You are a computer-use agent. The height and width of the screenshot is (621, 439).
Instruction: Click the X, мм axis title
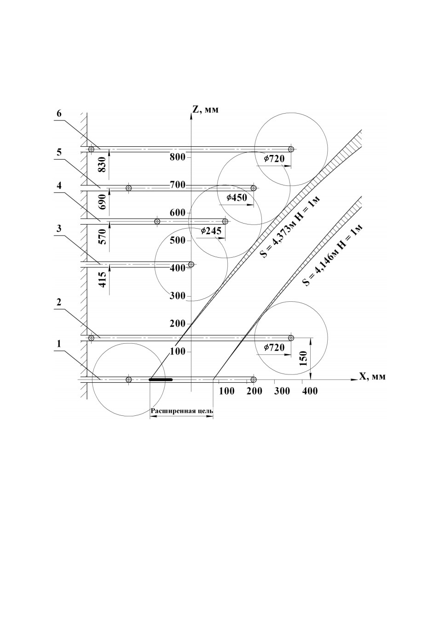(372, 376)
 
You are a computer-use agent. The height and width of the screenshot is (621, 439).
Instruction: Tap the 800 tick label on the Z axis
(177, 157)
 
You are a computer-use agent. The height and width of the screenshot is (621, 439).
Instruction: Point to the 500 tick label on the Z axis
(177, 240)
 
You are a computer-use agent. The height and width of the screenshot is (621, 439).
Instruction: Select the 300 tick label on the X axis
(282, 391)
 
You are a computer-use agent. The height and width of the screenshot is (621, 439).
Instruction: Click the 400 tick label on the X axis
(310, 391)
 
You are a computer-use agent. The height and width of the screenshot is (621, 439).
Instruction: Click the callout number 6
(59, 114)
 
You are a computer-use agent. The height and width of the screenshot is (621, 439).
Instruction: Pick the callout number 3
(58, 229)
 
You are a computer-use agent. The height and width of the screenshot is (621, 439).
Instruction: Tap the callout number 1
(58, 344)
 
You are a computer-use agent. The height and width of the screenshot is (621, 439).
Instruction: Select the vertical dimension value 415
(102, 280)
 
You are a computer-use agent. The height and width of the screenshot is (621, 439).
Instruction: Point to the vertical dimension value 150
(304, 358)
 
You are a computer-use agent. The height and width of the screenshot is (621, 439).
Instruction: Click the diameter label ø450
(236, 197)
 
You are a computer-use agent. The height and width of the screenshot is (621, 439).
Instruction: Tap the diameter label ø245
(211, 230)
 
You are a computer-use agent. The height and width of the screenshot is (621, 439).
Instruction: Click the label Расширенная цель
(182, 411)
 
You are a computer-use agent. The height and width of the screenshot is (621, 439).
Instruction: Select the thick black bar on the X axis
(161, 379)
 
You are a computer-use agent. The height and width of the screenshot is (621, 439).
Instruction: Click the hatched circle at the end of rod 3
(191, 264)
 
